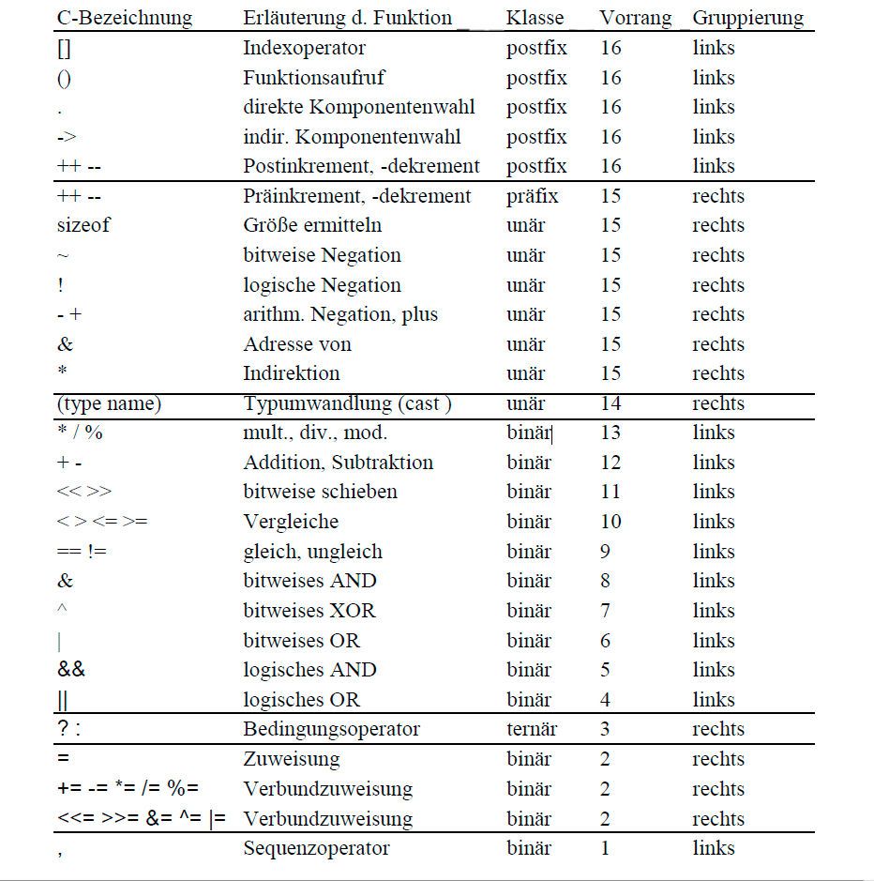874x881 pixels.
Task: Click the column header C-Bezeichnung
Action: tap(125, 18)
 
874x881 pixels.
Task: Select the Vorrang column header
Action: tap(636, 18)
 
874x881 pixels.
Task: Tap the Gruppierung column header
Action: tap(748, 18)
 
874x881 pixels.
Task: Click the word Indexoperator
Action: tap(304, 48)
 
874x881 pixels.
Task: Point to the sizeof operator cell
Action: tap(83, 225)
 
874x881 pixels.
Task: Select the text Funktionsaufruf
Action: tap(313, 77)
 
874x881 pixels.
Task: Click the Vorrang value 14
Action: tap(610, 403)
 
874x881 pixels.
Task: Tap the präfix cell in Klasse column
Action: tap(532, 196)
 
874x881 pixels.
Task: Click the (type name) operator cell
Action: tap(109, 403)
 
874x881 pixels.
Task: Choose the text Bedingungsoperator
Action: tap(331, 729)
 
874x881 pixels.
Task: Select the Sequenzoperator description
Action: tap(316, 848)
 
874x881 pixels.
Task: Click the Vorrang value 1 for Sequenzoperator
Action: tap(605, 848)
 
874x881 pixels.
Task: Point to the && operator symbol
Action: tap(70, 670)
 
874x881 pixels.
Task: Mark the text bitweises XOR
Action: tap(309, 611)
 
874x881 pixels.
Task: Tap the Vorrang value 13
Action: tap(610, 433)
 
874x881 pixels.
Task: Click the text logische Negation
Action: tap(322, 285)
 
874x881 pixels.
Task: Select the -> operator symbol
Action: tap(67, 137)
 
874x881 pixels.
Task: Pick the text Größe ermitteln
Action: tap(312, 225)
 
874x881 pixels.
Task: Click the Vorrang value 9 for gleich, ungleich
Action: tap(605, 552)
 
